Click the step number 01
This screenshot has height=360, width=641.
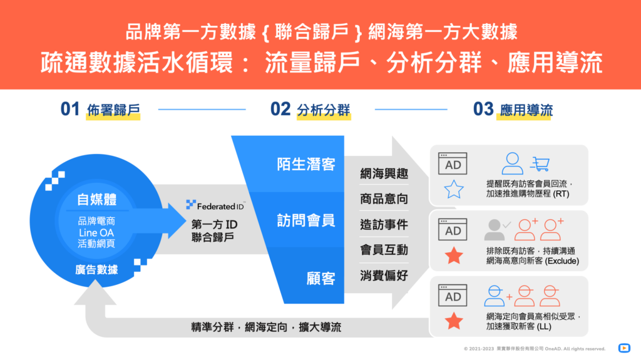(70, 109)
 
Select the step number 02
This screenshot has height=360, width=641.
(280, 109)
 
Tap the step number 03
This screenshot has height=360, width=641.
(484, 109)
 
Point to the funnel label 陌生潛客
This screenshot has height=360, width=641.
(305, 165)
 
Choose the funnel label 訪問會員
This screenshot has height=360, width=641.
(305, 220)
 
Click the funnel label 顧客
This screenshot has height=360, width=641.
(321, 279)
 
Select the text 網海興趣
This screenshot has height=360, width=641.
(384, 174)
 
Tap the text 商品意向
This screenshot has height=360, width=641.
(384, 199)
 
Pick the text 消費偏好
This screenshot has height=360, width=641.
(384, 275)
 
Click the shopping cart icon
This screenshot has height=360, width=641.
(540, 163)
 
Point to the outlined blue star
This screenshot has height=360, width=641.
(454, 190)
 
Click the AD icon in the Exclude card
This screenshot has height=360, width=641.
(453, 229)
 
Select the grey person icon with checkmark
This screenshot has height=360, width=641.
(496, 230)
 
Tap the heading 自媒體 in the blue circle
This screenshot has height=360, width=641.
(97, 200)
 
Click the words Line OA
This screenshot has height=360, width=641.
(96, 233)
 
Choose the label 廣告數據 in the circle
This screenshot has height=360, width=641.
(96, 270)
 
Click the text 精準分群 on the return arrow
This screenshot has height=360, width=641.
(213, 327)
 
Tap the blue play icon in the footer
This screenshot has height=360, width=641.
(624, 348)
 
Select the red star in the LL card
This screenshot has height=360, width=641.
(454, 321)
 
